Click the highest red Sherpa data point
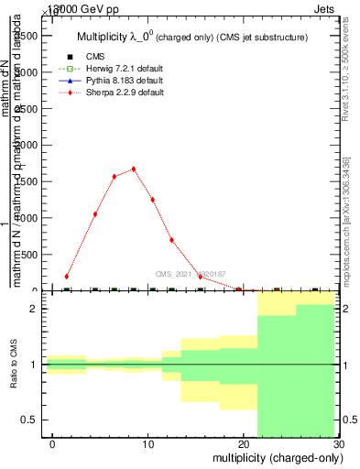pos(134,169)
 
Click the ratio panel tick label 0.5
pos(28,420)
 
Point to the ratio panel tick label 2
pos(34,309)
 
